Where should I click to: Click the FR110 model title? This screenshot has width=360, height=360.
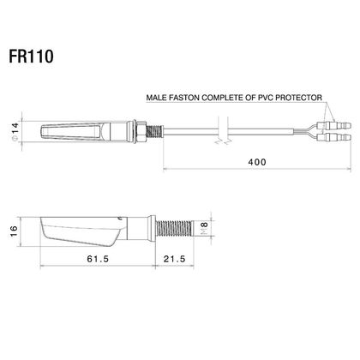point(31,57)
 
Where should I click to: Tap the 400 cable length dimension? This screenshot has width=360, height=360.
point(257,162)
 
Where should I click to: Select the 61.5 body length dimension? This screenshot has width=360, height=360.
point(98,259)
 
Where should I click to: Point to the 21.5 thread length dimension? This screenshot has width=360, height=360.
point(174,259)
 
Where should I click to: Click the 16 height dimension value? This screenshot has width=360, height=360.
point(13,231)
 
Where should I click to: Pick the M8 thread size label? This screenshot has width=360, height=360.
point(204,228)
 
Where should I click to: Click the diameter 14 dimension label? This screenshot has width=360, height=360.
point(15,131)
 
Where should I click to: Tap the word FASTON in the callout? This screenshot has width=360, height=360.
point(184,98)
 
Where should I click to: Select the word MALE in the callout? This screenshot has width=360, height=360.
point(157,98)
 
